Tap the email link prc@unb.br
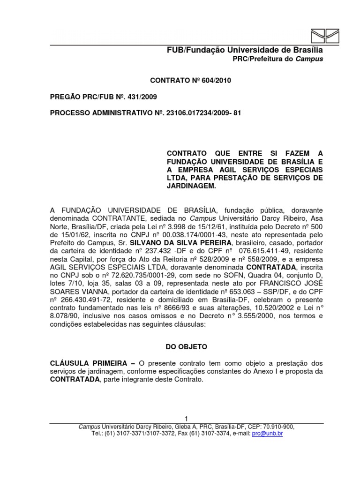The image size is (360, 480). (x=267, y=434)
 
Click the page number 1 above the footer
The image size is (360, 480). (x=186, y=419)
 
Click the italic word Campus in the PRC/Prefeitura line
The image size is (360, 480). (x=309, y=59)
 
